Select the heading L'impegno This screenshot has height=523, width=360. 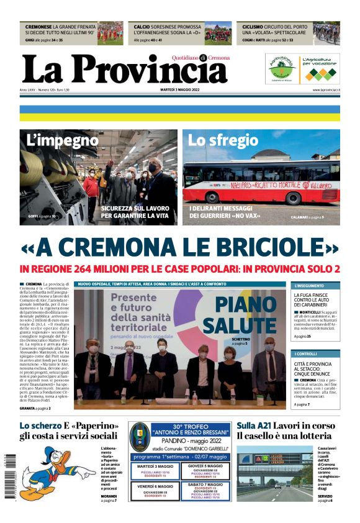(63, 140)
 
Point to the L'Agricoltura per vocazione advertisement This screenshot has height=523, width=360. (319, 68)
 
